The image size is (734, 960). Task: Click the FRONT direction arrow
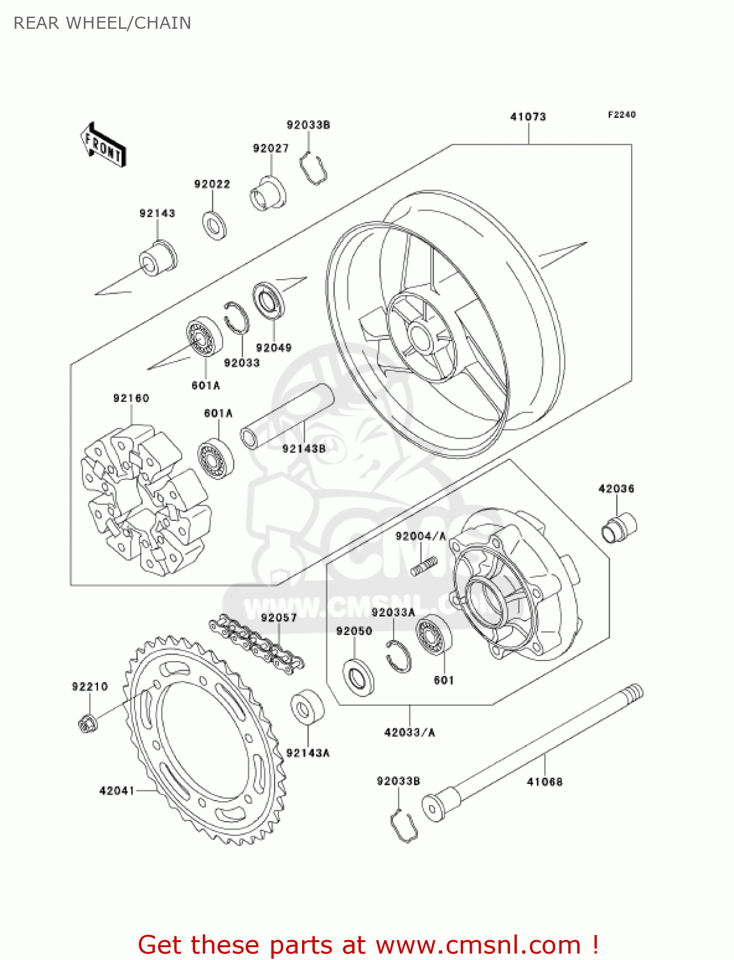click(x=103, y=145)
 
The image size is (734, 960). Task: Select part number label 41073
click(x=528, y=116)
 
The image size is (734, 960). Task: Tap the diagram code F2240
click(x=621, y=115)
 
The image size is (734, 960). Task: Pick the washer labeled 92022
click(x=214, y=225)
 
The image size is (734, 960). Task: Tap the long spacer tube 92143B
click(x=287, y=416)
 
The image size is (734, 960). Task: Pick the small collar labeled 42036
click(x=619, y=528)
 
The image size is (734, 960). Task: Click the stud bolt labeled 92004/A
click(x=424, y=566)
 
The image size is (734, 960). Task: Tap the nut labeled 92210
click(x=87, y=723)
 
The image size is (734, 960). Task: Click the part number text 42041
click(x=116, y=791)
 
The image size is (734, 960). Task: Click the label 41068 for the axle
click(x=545, y=781)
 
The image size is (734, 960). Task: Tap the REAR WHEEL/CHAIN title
click(x=102, y=23)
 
